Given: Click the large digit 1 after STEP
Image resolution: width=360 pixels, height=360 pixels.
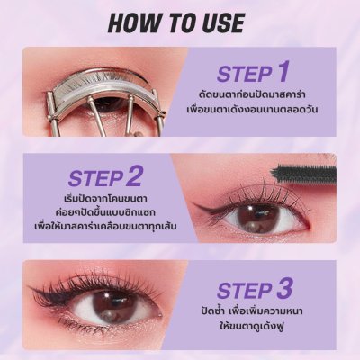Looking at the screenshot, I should (x=283, y=72).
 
